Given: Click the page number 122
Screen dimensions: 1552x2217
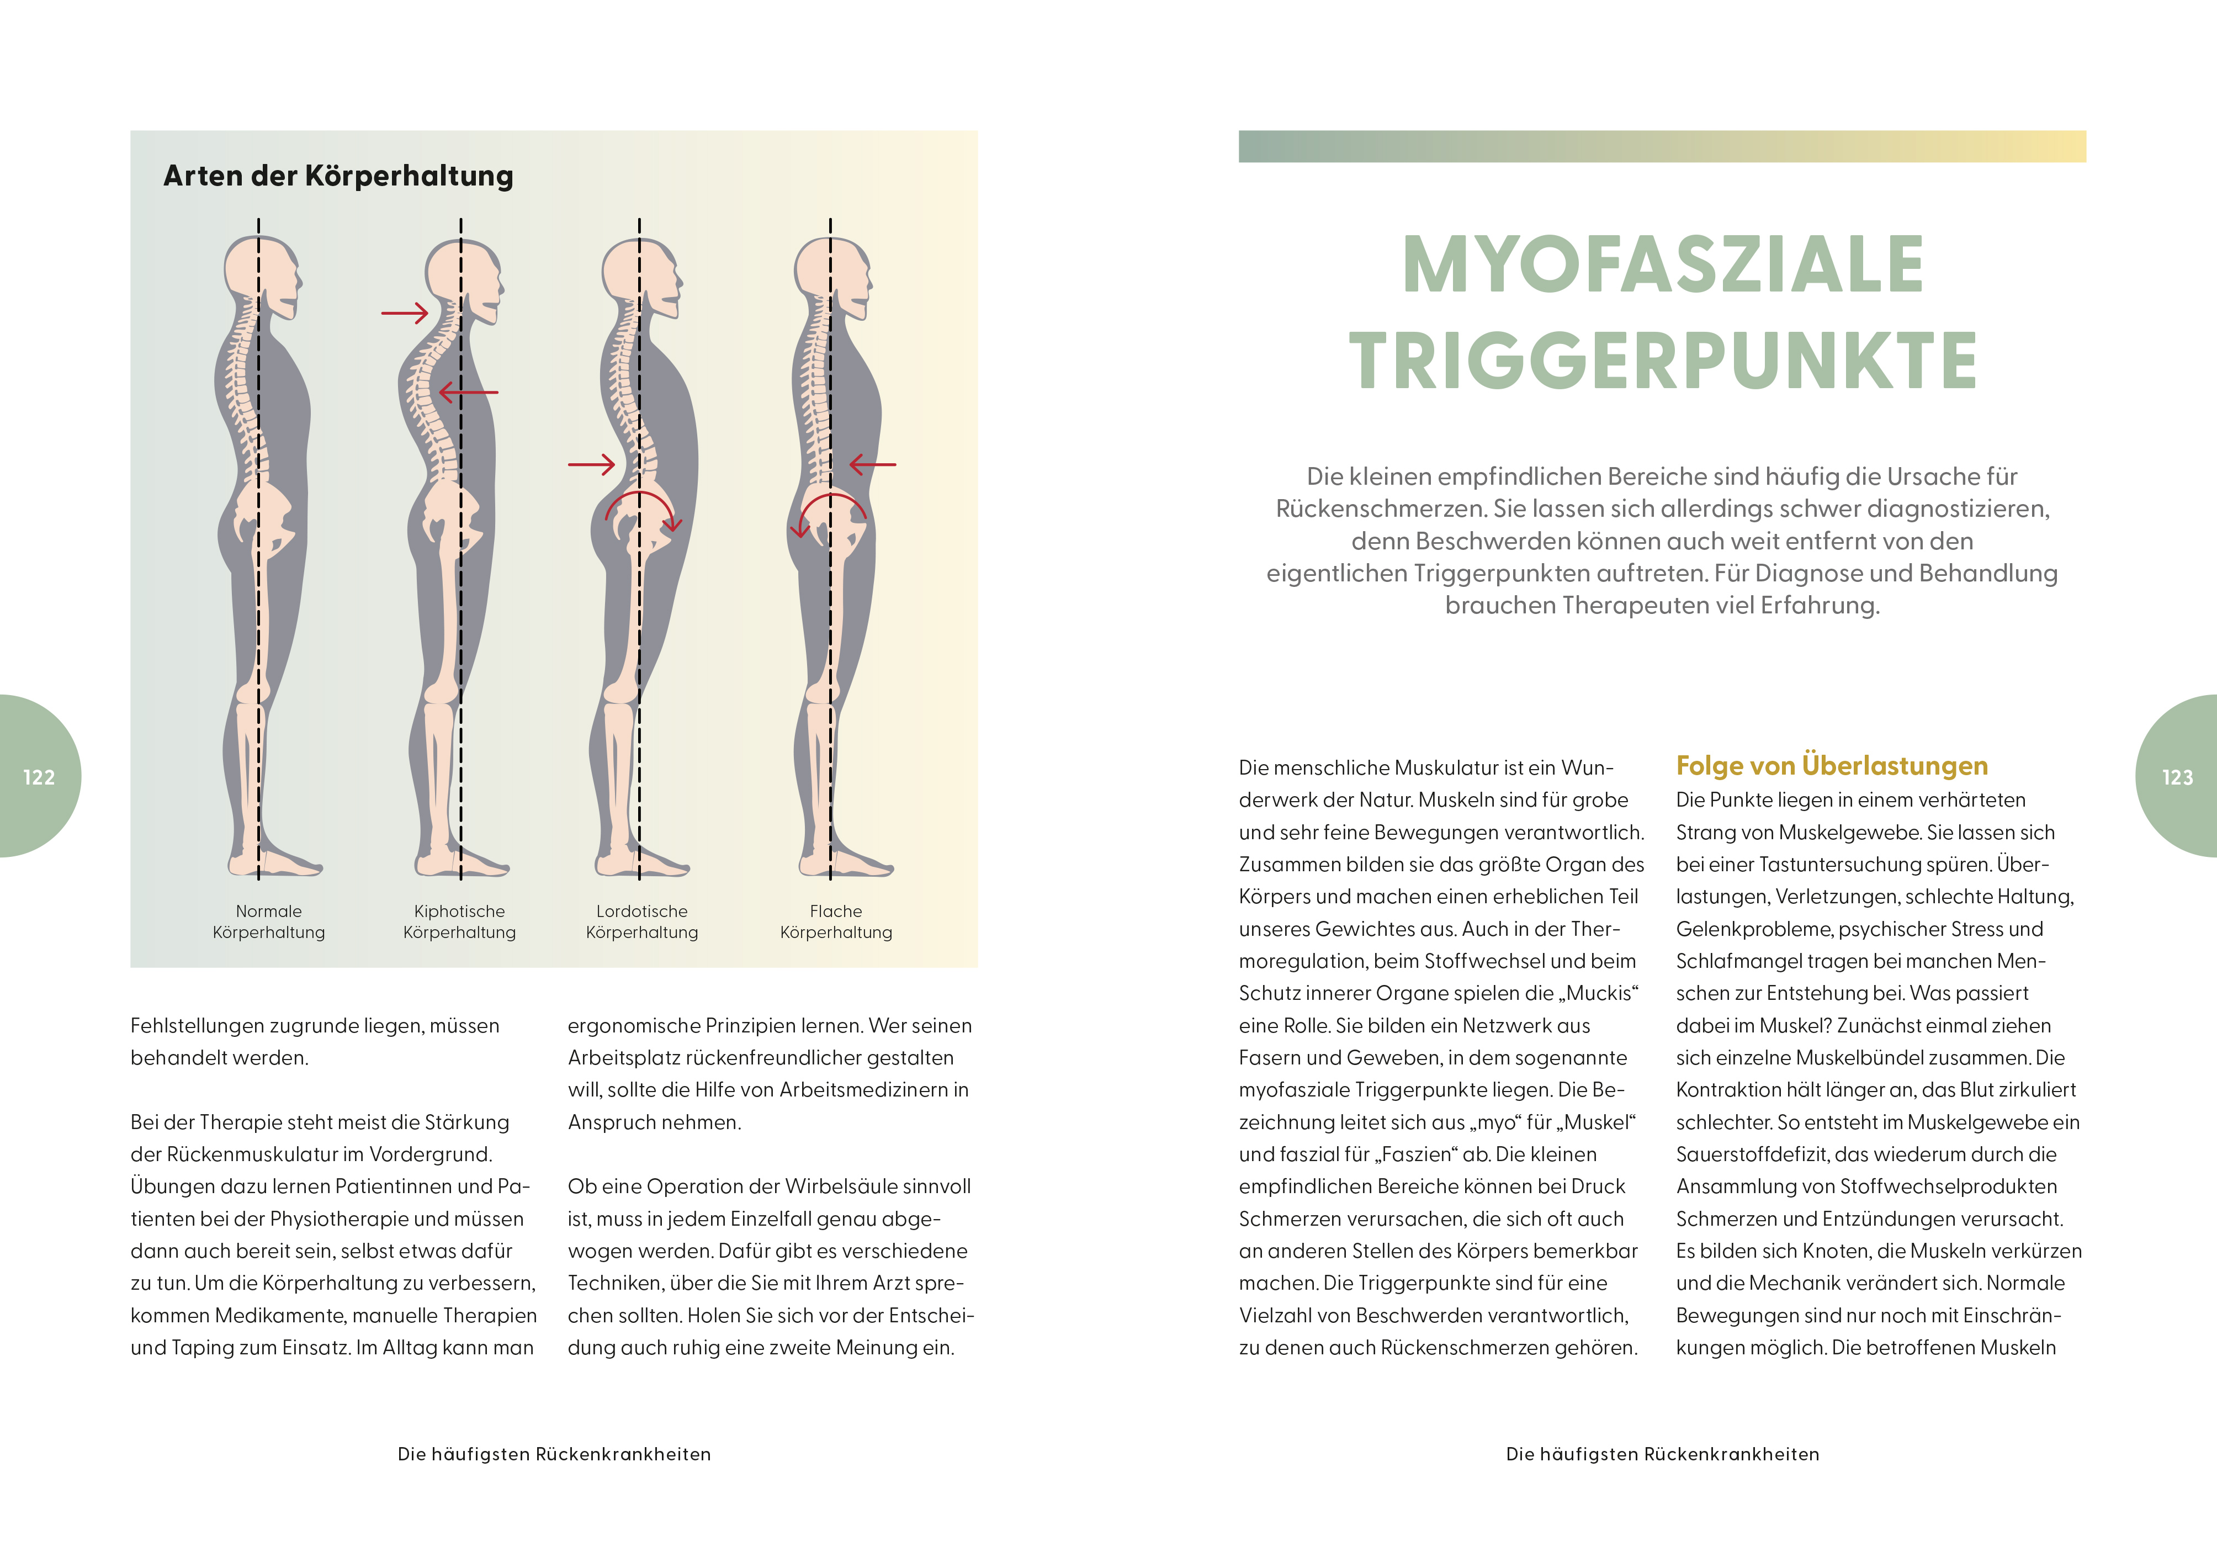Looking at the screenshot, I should tap(39, 777).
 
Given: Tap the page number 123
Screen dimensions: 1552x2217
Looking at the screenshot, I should tap(2177, 777).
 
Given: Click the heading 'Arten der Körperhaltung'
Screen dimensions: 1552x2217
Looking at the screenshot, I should tap(338, 176).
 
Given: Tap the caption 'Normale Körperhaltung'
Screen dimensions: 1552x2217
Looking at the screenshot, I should tap(268, 921).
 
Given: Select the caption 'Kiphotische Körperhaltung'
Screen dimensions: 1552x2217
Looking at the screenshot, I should tap(460, 921).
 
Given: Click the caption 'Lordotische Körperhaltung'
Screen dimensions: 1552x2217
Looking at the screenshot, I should tap(642, 921).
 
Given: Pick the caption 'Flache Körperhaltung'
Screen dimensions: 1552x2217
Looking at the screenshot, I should tap(836, 921).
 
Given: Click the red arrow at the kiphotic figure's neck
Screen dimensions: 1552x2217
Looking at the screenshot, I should tap(405, 313).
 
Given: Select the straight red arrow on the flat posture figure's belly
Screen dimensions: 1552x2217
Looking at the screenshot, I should tap(873, 464).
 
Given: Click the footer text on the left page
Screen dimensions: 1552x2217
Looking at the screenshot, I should tap(554, 1454).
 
